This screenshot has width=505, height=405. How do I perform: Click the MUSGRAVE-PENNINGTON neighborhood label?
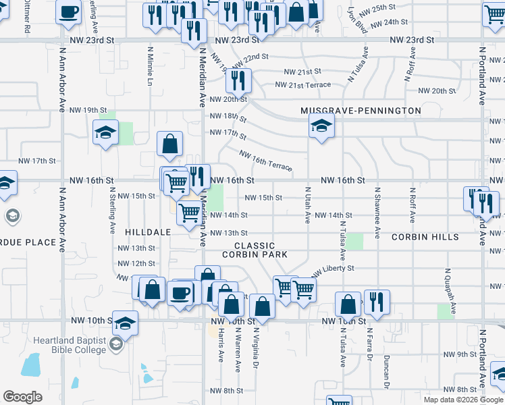361,111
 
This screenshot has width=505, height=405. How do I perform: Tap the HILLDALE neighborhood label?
148,232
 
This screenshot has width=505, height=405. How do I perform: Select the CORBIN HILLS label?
425,237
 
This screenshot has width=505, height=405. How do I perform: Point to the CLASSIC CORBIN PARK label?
255,250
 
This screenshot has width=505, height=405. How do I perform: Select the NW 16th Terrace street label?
265,161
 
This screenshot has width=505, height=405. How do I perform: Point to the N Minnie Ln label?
149,65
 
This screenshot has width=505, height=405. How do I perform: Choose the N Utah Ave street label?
307,205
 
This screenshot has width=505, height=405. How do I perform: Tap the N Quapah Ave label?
446,290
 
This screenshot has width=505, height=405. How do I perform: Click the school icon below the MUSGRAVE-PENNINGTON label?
321,125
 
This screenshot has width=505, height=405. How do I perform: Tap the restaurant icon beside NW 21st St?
238,81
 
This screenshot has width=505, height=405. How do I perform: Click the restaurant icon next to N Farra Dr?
377,301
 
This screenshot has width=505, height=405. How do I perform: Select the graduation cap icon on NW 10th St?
125,323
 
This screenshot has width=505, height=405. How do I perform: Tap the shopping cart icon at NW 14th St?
188,211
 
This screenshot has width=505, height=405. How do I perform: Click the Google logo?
22,397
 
